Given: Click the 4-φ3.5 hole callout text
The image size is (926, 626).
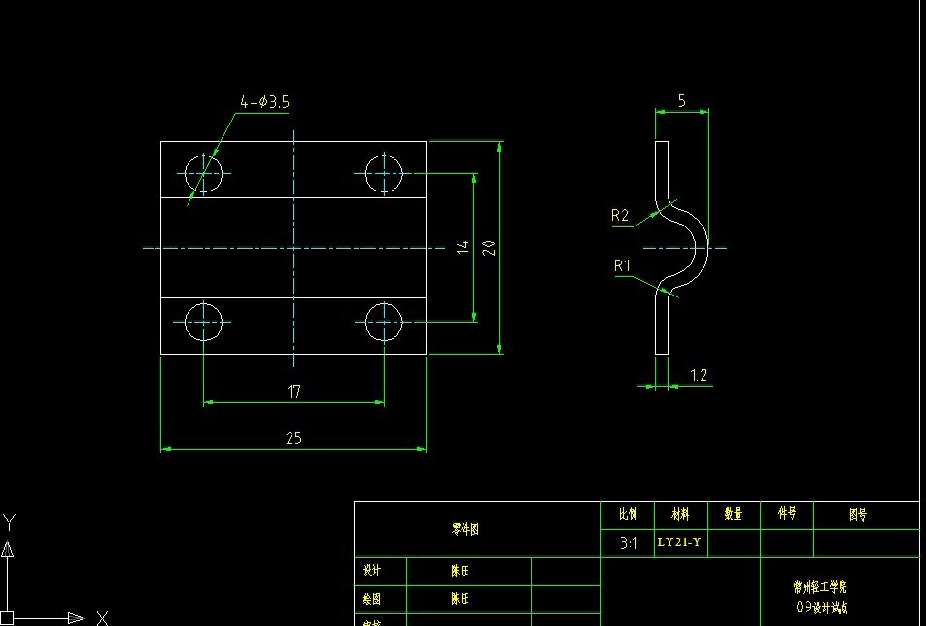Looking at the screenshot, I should click(265, 102).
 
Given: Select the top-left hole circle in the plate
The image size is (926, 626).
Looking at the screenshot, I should click(203, 175).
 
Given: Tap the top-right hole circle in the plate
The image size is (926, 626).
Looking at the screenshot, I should click(384, 175).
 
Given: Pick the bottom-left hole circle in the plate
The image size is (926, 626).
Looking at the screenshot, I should click(203, 321).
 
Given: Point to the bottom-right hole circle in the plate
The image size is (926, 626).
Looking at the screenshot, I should click(384, 321).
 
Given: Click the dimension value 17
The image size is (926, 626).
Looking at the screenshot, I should click(293, 391).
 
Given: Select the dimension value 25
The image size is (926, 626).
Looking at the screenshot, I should click(293, 438).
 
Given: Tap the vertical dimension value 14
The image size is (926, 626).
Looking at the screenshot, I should click(463, 248).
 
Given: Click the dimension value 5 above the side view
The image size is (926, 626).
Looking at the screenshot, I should click(682, 100).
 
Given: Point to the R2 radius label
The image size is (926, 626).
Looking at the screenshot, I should click(620, 216).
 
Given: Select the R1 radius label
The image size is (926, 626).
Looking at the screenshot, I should click(622, 265).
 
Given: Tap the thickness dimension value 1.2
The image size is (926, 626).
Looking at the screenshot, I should click(699, 376).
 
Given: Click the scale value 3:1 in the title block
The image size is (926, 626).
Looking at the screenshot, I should click(629, 544).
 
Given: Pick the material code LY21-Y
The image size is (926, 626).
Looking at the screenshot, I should click(679, 542).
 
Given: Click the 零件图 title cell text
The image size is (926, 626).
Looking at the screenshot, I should click(464, 530).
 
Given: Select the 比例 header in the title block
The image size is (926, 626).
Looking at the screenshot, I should click(628, 513).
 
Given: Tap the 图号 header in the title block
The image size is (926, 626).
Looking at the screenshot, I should click(857, 514).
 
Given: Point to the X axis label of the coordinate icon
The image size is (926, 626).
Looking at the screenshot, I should click(101, 616).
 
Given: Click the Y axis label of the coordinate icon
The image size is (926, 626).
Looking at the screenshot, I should click(9, 521).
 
